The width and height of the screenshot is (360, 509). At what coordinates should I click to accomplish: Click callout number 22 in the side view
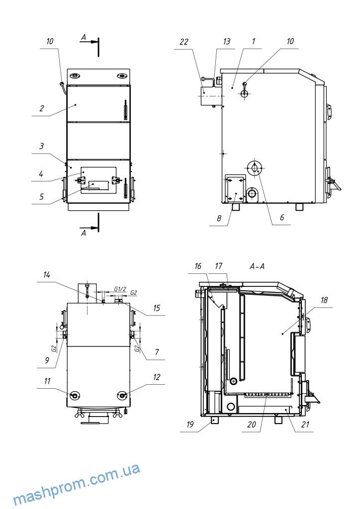point(184,42)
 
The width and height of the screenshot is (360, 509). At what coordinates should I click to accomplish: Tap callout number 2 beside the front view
point(42,107)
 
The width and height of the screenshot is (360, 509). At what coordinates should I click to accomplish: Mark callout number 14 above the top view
point(46,274)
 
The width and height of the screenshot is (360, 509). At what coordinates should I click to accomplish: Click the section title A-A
point(257,267)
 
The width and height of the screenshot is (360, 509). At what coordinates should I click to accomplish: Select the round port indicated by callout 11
point(75,395)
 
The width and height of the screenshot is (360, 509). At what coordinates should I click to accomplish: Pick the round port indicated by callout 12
point(122,395)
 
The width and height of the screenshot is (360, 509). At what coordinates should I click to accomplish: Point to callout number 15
point(156,308)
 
